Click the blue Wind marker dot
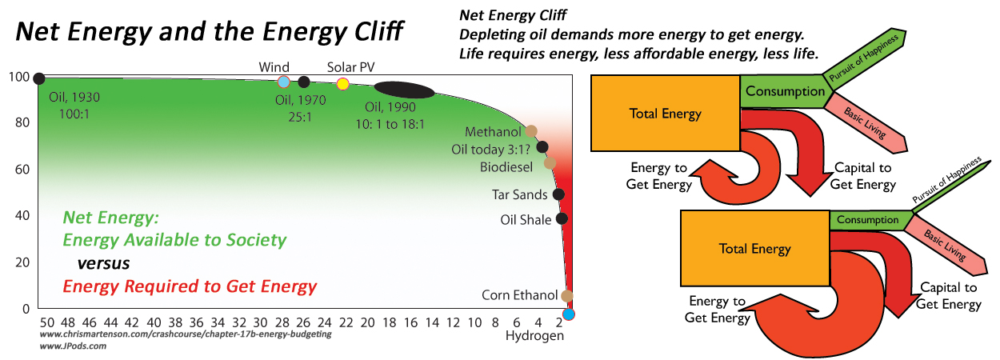(283, 82)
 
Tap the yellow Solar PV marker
(343, 84)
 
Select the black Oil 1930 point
(38, 78)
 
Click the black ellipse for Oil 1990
(405, 90)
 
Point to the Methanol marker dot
(531, 131)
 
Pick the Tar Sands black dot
(558, 194)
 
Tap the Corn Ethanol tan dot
(567, 296)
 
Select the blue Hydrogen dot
(569, 314)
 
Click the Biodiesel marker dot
(550, 163)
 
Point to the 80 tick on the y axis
(21, 123)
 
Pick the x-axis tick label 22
(346, 322)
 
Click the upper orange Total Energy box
(665, 114)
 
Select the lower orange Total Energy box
(754, 249)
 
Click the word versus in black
(103, 262)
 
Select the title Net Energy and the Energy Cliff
(210, 33)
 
